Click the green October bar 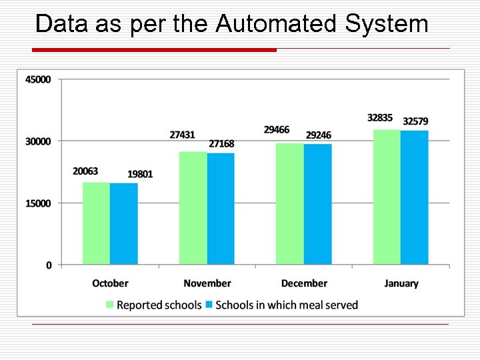tap(96, 223)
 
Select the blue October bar tap(124, 224)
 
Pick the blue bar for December tap(318, 204)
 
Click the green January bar tap(387, 197)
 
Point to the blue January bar tap(415, 198)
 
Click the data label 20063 tap(85, 171)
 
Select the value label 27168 tap(221, 144)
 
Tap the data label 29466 tap(277, 130)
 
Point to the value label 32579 tap(415, 121)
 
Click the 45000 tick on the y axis tap(38, 79)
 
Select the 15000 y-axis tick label tap(38, 203)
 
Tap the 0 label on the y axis tap(49, 265)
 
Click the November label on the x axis tap(207, 283)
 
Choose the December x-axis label tap(304, 283)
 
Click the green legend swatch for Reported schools tap(110, 305)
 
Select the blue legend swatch tap(209, 305)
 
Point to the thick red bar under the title tap(155, 50)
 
